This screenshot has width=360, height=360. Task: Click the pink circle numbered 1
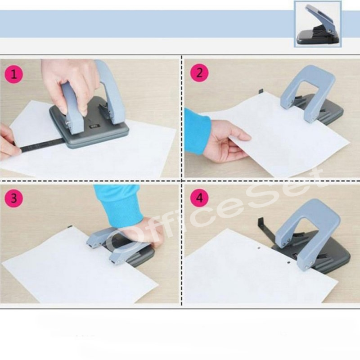click(13, 74)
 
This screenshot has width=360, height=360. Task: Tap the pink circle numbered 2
click(199, 73)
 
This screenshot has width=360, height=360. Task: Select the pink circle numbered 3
click(14, 198)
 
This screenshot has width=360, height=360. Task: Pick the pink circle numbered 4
click(199, 197)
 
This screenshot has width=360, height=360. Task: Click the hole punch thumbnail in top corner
click(318, 24)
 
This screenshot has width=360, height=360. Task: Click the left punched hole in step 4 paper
click(259, 248)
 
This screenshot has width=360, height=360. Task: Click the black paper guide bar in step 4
click(268, 229)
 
